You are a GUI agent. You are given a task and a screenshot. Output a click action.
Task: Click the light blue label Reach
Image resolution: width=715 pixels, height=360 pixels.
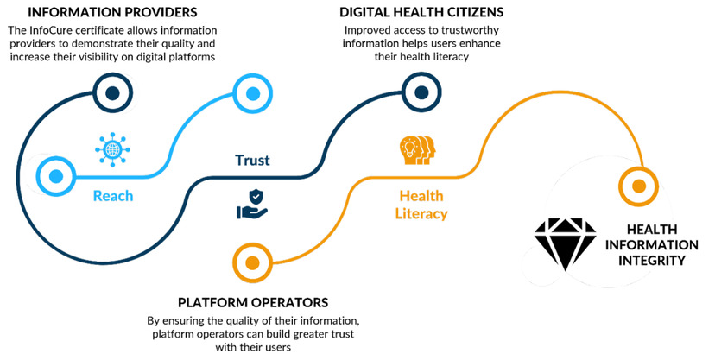tap(113, 196)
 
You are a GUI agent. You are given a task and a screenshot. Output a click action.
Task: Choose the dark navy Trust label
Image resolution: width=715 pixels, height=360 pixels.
tap(252, 161)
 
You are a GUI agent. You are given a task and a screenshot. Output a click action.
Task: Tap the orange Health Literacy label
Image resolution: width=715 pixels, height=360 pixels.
tap(423, 204)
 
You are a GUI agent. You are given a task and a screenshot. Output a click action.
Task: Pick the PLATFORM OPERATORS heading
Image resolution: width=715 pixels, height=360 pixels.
tap(253, 303)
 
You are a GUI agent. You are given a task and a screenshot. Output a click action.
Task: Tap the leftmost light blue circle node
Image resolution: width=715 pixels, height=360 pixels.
tap(57, 176)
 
